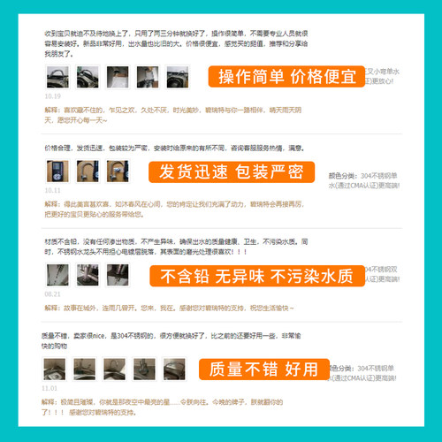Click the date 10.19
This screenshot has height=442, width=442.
[x=53, y=95]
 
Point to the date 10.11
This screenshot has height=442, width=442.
[x=52, y=189]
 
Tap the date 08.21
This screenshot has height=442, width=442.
[x=52, y=293]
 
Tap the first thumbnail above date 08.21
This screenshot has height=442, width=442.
[x=56, y=275]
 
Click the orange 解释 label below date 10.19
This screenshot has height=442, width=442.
[x=51, y=109]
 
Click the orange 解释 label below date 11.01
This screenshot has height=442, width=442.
[x=51, y=401]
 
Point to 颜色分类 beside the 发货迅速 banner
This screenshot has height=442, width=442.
[x=345, y=175]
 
